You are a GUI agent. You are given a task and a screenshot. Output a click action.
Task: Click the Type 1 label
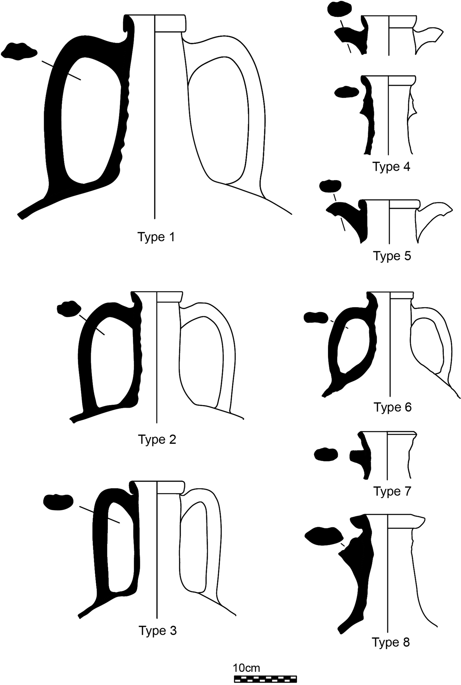(x=156, y=237)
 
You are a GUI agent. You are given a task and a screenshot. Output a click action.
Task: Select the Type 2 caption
(x=157, y=440)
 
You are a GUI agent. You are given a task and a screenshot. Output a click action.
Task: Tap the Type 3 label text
(x=158, y=630)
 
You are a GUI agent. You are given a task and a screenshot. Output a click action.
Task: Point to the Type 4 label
(x=392, y=167)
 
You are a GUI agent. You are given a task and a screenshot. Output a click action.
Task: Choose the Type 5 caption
(x=392, y=256)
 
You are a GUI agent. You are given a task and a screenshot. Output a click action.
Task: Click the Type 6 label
(x=393, y=407)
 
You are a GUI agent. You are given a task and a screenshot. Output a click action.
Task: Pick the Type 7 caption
(x=392, y=492)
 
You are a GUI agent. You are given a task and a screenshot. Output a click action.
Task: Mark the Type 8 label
(x=391, y=642)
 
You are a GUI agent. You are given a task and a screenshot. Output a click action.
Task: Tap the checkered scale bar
(x=265, y=678)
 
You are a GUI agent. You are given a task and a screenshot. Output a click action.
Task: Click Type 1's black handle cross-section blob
(x=19, y=52)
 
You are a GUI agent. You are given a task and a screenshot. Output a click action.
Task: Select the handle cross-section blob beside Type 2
(x=69, y=309)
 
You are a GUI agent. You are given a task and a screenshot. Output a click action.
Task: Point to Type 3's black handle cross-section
(x=58, y=502)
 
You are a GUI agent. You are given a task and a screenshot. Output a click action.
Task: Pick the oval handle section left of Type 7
(x=326, y=454)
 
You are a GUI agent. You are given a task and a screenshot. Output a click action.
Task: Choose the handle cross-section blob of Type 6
(x=315, y=317)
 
